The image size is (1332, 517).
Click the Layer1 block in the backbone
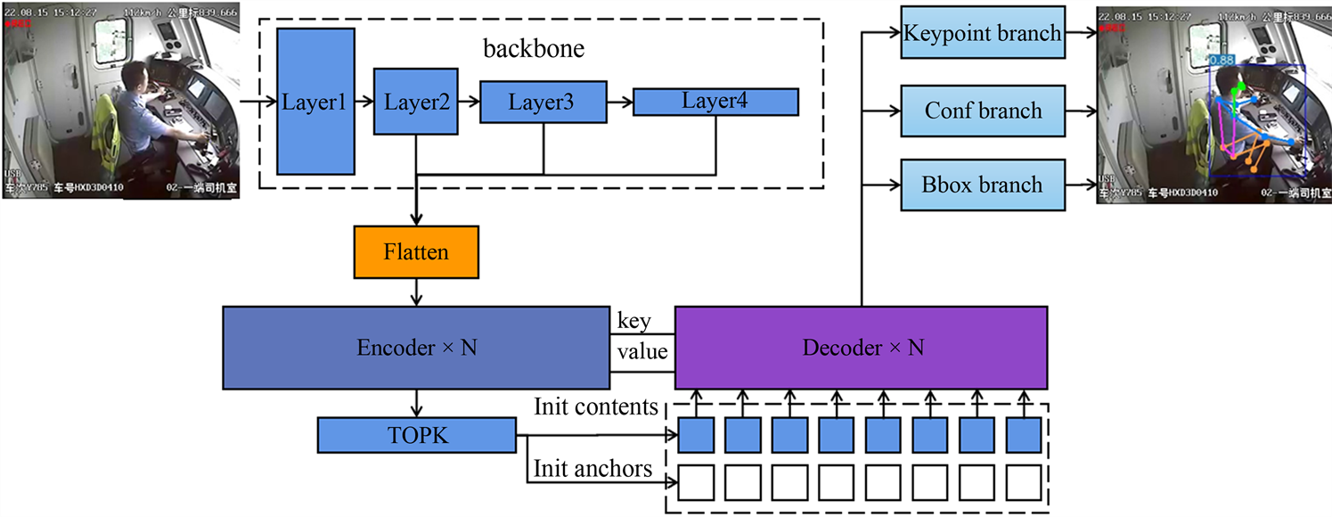[315, 101]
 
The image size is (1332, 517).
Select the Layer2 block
[416, 101]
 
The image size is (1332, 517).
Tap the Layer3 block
[541, 102]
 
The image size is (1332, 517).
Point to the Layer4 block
[715, 101]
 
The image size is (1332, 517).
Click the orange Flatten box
[416, 252]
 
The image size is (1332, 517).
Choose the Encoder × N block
[416, 348]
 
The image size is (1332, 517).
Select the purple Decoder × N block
[861, 348]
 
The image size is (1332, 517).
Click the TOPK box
[416, 434]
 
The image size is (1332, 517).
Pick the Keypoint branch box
[983, 34]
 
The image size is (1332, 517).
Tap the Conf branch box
[983, 111]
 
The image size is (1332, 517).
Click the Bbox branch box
[983, 185]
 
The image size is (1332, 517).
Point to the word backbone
[534, 48]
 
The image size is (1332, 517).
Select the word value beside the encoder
[642, 351]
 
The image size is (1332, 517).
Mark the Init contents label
[596, 407]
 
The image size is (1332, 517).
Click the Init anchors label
[592, 467]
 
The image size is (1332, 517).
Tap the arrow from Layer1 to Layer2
[364, 102]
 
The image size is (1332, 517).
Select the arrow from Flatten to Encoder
[416, 292]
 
